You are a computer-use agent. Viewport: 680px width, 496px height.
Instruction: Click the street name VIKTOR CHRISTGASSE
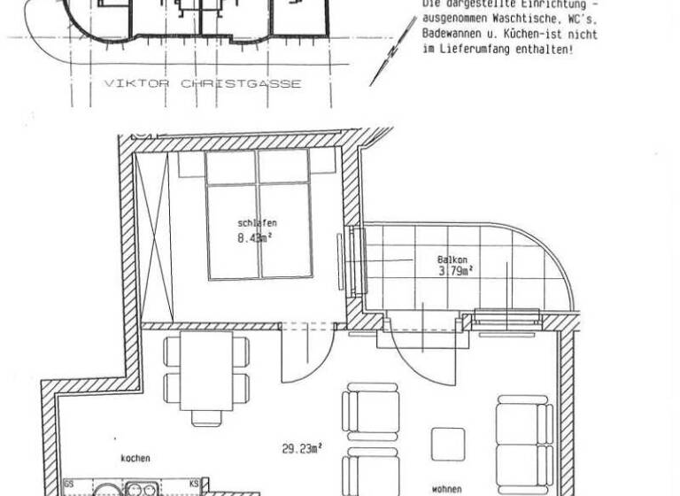(x=203, y=84)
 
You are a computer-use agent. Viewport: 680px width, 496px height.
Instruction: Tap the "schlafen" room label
(x=254, y=223)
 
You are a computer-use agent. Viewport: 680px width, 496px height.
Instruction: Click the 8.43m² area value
(x=254, y=237)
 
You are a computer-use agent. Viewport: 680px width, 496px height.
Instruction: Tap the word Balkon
(x=452, y=260)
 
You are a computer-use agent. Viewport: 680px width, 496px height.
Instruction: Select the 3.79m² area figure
(x=453, y=272)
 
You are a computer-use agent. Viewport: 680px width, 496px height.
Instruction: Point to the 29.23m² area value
(x=301, y=449)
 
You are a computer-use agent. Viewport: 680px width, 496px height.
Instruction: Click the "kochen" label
(x=135, y=458)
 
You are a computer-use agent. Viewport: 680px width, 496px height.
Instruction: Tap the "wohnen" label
(x=446, y=487)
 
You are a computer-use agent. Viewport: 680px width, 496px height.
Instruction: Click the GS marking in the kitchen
(x=69, y=484)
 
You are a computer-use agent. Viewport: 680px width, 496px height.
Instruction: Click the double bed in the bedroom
(x=259, y=213)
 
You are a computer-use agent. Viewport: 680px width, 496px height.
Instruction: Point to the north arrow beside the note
(x=390, y=53)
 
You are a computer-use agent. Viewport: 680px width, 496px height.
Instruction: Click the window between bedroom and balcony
(x=357, y=261)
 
